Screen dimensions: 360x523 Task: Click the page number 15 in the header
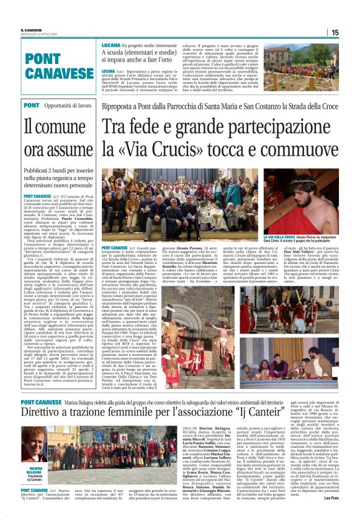point(335,32)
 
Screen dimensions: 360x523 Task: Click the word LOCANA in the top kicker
point(111,46)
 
